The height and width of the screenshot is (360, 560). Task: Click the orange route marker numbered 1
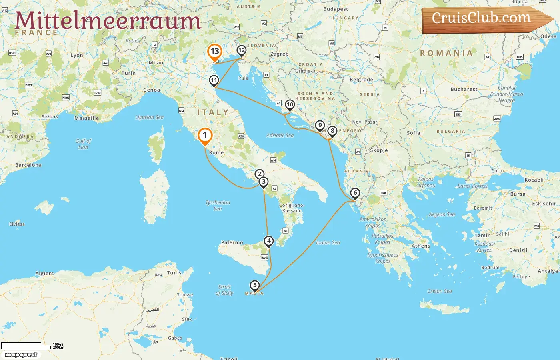205,135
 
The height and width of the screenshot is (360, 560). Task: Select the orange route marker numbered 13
215,52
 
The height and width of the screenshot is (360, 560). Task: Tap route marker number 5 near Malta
254,285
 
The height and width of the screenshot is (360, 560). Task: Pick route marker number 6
355,193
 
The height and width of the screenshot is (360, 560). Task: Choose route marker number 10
290,105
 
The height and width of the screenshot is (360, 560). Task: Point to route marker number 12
241,50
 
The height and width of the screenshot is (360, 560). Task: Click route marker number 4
269,241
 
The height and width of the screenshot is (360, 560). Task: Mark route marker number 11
214,80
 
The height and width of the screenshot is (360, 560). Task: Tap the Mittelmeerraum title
108,21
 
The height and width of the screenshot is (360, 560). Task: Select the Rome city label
216,152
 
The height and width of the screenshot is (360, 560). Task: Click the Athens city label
421,246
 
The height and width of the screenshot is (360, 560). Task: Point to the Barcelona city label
28,165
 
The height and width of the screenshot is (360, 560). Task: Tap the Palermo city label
232,242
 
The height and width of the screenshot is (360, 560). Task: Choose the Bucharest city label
464,89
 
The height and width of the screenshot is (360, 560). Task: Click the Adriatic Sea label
280,136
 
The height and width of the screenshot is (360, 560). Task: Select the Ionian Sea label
328,242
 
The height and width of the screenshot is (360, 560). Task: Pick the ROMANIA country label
446,53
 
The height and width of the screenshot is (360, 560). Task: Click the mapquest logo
21,355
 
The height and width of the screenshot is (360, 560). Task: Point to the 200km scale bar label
58,348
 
